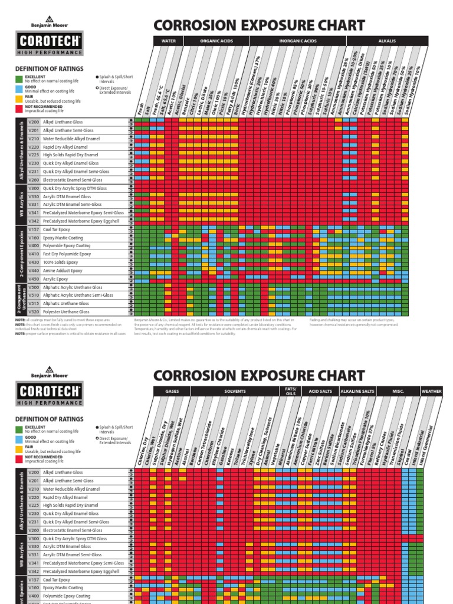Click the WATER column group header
click(x=168, y=41)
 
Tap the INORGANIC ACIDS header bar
click(x=294, y=41)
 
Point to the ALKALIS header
click(x=386, y=41)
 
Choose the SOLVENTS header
click(x=234, y=392)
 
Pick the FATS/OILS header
click(x=290, y=391)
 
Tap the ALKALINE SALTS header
click(x=359, y=392)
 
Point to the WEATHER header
click(x=431, y=392)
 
